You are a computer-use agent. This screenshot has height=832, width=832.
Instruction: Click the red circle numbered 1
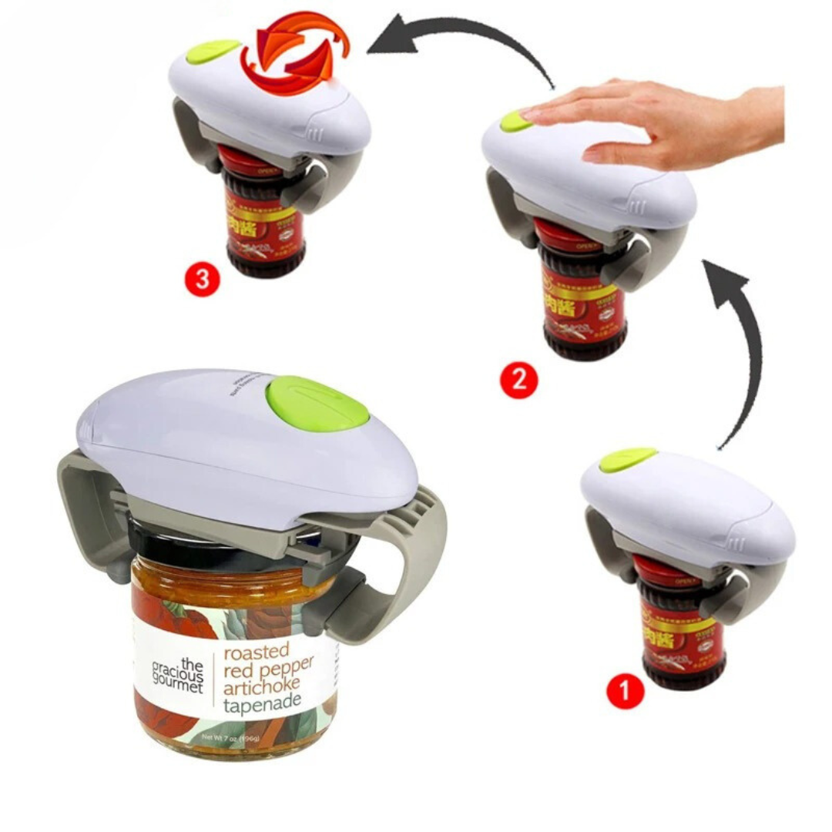[x=625, y=692]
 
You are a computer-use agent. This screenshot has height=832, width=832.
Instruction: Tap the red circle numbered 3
[x=202, y=279]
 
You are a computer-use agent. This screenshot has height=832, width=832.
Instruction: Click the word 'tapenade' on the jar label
[x=262, y=703]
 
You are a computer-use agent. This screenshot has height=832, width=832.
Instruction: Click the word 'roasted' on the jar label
[x=256, y=651]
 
